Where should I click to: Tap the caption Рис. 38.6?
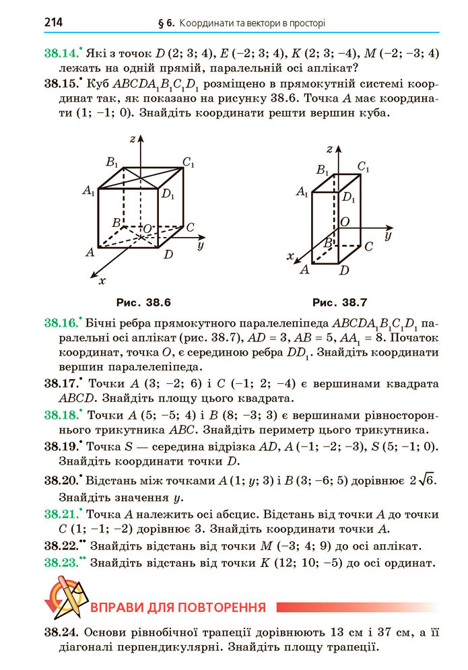coord(139,302)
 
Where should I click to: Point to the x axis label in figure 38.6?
coord(102,279)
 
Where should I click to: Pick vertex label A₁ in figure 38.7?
coord(302,193)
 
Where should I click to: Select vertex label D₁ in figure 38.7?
coord(348,197)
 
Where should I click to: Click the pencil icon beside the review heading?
coord(64,596)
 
